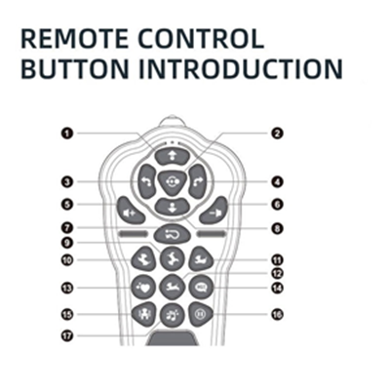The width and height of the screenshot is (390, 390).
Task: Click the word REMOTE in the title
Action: click(75, 39)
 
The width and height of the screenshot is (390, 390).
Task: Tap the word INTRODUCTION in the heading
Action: click(241, 68)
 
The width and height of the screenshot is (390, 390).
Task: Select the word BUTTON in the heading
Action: click(75, 68)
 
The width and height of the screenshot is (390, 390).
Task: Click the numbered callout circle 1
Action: click(67, 134)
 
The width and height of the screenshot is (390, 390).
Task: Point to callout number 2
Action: click(277, 134)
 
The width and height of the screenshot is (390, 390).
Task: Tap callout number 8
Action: click(277, 228)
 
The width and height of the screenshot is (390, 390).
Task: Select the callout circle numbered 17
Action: click(67, 336)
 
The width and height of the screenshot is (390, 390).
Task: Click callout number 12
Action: click(277, 273)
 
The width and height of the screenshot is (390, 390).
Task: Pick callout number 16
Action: click(277, 314)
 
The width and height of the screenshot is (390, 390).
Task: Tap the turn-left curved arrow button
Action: click(146, 181)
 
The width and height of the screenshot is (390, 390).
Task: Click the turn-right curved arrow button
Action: click(198, 181)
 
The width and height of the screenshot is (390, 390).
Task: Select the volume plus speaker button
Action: click(130, 211)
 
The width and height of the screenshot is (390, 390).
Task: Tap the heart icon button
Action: click(143, 288)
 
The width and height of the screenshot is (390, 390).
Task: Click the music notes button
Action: click(173, 315)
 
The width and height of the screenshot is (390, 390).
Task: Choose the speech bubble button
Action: click(201, 288)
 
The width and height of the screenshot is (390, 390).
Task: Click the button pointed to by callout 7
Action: click(172, 234)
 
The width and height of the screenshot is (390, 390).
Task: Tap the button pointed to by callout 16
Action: click(201, 314)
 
